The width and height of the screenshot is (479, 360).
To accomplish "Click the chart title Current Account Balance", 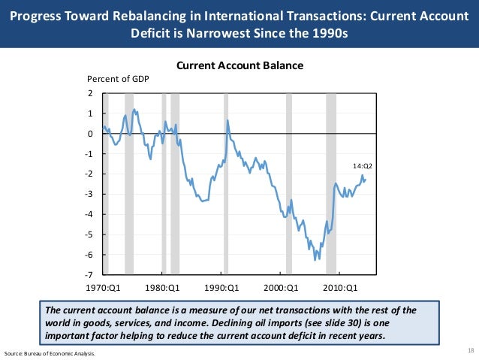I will coord(239,66).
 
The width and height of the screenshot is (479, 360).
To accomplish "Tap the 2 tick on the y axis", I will coord(90,94).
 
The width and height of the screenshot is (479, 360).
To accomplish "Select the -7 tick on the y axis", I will coord(89,275).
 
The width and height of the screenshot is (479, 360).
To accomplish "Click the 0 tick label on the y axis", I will coord(90,134).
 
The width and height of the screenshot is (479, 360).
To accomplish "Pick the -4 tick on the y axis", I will coord(89,215).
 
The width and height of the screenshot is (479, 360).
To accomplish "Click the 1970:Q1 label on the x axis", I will coord(103,287).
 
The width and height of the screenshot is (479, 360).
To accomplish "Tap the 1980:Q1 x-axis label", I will coord(163,287).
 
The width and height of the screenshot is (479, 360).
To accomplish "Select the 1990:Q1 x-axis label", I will coord(222,287).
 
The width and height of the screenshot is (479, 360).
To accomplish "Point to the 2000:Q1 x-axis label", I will coord(282,287).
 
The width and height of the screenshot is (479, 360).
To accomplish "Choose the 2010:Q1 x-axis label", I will coord(341,287).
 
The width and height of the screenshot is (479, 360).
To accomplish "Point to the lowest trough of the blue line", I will coord(315,259).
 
